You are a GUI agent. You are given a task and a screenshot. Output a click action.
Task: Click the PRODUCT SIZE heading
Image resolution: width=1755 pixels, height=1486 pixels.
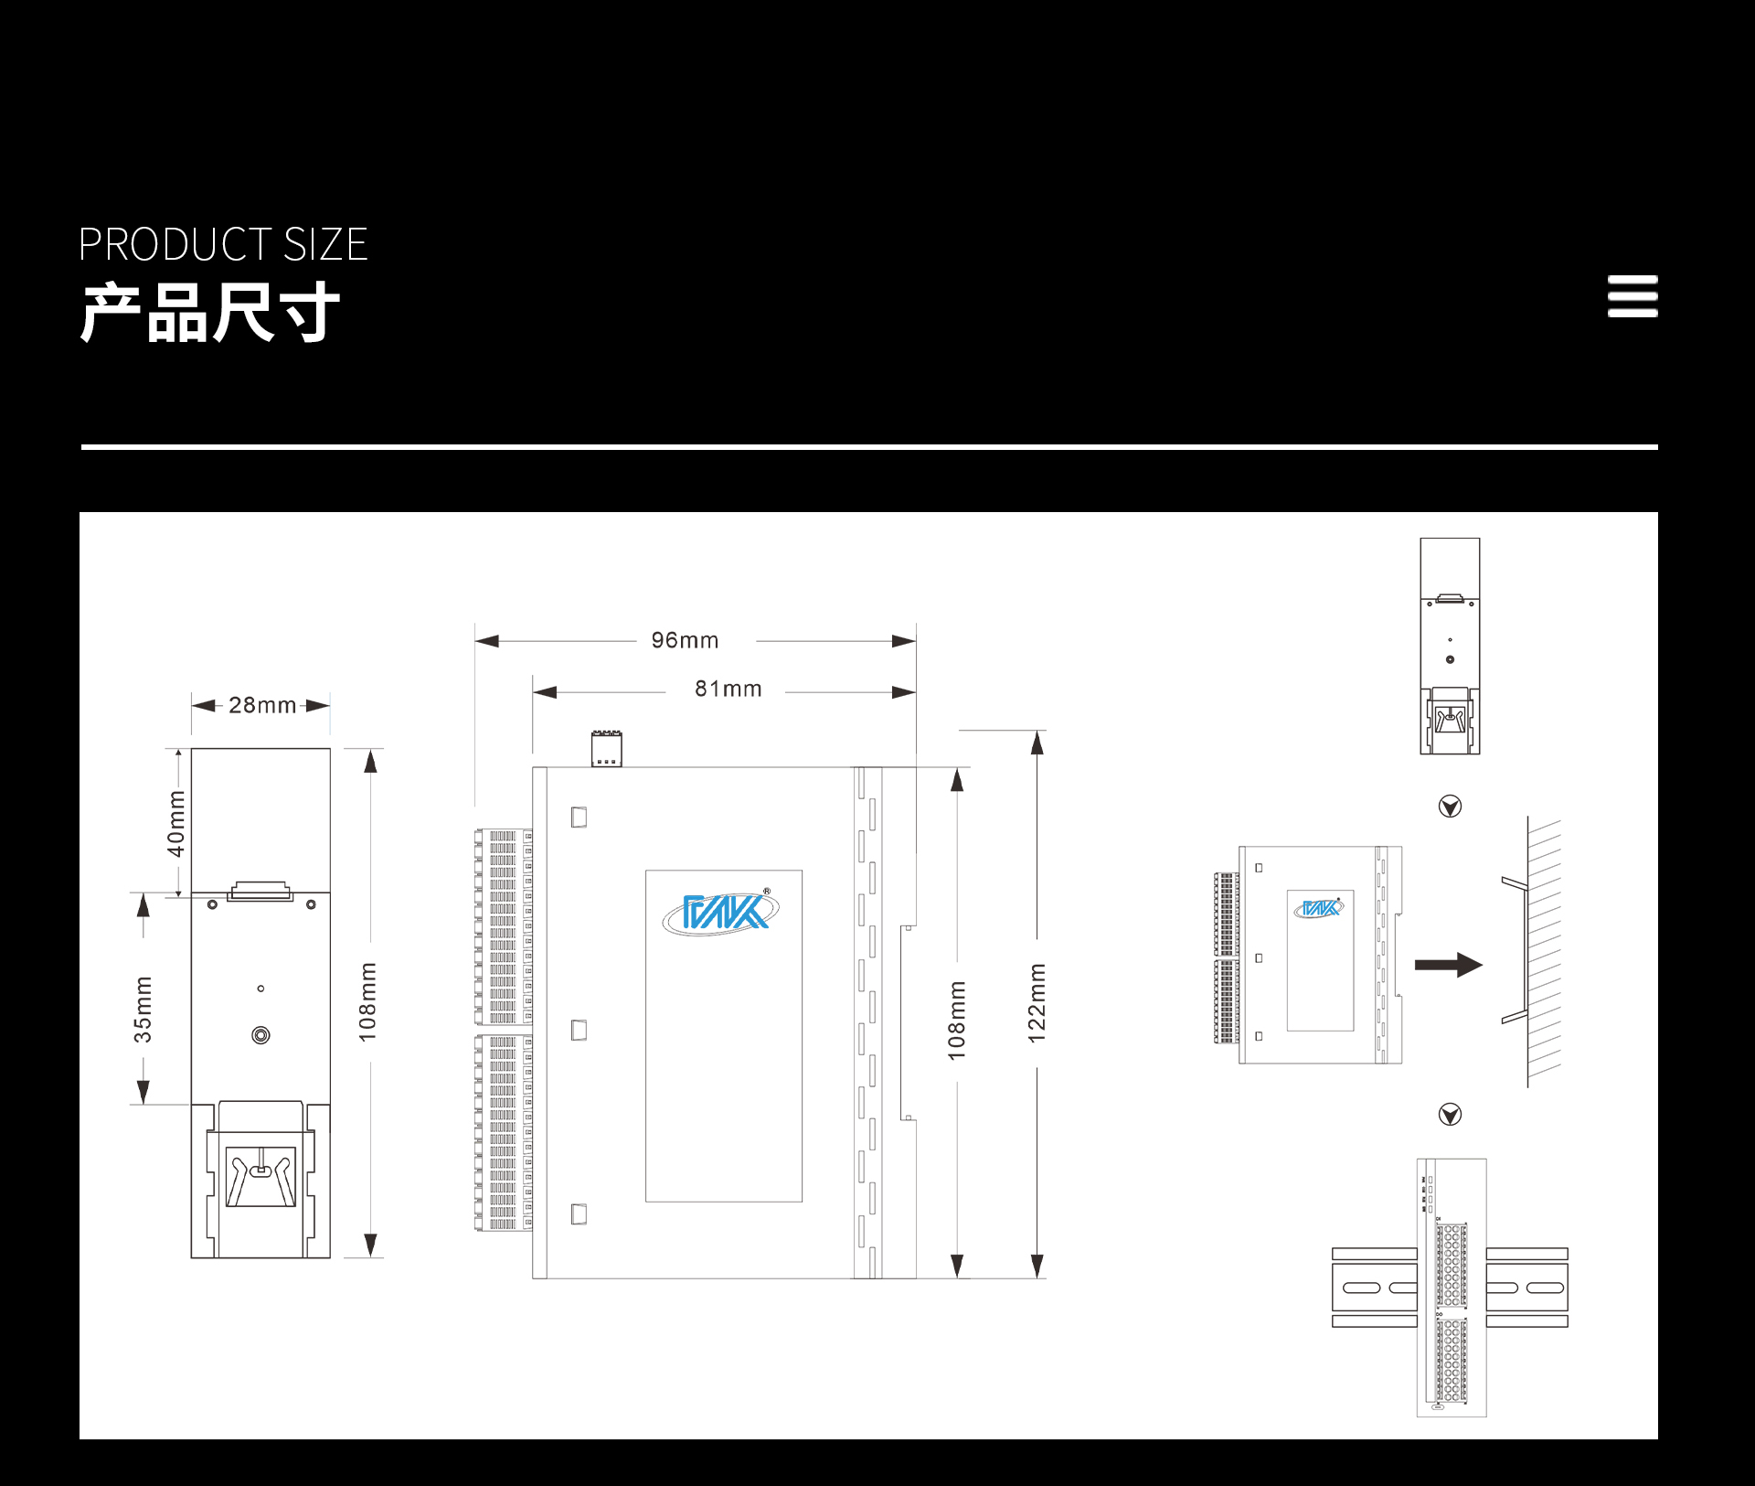pyautogui.click(x=223, y=244)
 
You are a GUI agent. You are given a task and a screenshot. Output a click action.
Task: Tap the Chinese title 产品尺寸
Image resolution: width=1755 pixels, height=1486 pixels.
pyautogui.click(x=210, y=313)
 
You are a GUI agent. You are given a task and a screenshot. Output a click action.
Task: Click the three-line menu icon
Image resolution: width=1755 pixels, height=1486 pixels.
pyautogui.click(x=1633, y=296)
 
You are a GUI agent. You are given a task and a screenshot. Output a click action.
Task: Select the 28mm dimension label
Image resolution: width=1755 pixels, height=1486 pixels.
pyautogui.click(x=262, y=705)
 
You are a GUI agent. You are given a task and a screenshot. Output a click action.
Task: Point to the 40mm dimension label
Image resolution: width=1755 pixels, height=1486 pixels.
pyautogui.click(x=175, y=824)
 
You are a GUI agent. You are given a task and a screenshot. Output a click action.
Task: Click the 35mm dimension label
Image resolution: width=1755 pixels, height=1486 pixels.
pyautogui.click(x=144, y=1010)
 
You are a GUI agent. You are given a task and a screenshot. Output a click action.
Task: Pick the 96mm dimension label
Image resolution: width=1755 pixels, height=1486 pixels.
pyautogui.click(x=685, y=640)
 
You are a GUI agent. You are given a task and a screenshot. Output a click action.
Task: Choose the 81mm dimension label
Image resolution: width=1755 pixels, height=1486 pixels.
pyautogui.click(x=729, y=689)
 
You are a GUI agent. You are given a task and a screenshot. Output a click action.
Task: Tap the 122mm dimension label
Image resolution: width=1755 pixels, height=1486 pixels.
pyautogui.click(x=1037, y=1003)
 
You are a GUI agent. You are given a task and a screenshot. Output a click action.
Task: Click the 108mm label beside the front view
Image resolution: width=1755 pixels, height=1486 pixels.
pyautogui.click(x=367, y=1002)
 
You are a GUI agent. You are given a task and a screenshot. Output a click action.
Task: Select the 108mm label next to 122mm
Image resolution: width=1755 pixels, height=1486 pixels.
pyautogui.click(x=957, y=1021)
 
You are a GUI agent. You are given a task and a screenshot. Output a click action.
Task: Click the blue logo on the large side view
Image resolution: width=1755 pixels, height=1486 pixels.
pyautogui.click(x=721, y=912)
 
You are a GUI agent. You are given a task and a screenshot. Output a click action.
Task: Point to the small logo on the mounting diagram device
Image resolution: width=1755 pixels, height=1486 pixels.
pyautogui.click(x=1319, y=908)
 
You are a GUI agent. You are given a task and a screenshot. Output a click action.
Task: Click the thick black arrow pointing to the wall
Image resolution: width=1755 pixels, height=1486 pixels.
pyautogui.click(x=1448, y=965)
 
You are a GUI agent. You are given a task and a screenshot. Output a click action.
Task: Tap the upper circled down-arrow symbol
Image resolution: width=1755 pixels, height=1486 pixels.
pyautogui.click(x=1450, y=806)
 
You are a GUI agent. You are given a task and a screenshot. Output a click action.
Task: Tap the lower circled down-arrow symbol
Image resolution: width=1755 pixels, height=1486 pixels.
pyautogui.click(x=1450, y=1114)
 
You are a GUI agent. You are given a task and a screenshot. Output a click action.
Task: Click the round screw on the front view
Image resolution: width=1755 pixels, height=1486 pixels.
pyautogui.click(x=261, y=1035)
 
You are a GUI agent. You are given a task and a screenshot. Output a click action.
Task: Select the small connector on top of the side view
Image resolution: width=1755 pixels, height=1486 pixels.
pyautogui.click(x=606, y=748)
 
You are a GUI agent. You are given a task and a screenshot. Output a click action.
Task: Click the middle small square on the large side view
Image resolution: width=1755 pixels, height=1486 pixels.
pyautogui.click(x=579, y=1030)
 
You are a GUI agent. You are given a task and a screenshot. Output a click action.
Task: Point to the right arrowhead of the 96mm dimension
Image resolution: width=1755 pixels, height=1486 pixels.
pyautogui.click(x=904, y=641)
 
